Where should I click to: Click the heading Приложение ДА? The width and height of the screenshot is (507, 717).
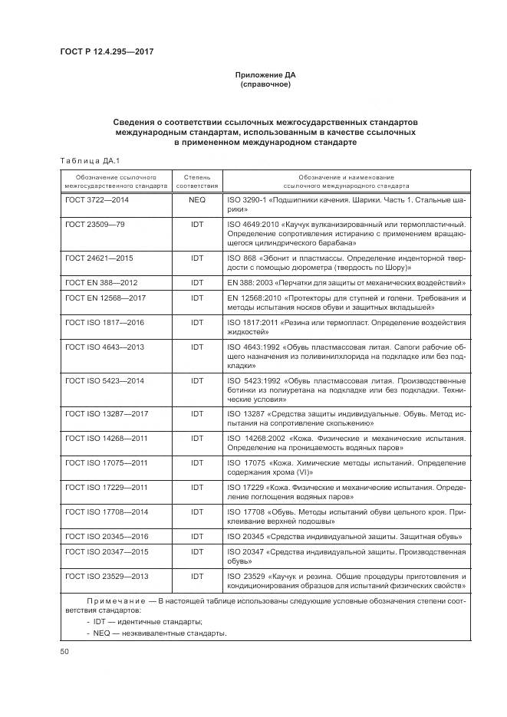pyautogui.click(x=265, y=75)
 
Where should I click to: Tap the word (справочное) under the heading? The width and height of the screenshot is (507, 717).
pyautogui.click(x=265, y=84)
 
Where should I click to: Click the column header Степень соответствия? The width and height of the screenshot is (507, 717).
pyautogui.click(x=197, y=181)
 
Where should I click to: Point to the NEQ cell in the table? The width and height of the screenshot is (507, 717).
pyautogui.click(x=197, y=199)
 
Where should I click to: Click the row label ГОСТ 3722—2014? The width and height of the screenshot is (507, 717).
pyautogui.click(x=97, y=199)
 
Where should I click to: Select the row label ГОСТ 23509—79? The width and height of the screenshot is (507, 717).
pyautogui.click(x=94, y=224)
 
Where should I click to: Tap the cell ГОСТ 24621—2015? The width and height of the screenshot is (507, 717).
pyautogui.click(x=99, y=257)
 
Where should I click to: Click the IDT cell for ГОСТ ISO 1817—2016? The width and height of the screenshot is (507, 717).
pyautogui.click(x=197, y=322)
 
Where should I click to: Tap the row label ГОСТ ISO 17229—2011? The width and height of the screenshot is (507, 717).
pyautogui.click(x=107, y=487)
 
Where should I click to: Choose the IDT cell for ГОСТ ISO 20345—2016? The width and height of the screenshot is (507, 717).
pyautogui.click(x=197, y=536)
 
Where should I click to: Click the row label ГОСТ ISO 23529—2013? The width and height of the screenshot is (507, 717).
pyautogui.click(x=107, y=576)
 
